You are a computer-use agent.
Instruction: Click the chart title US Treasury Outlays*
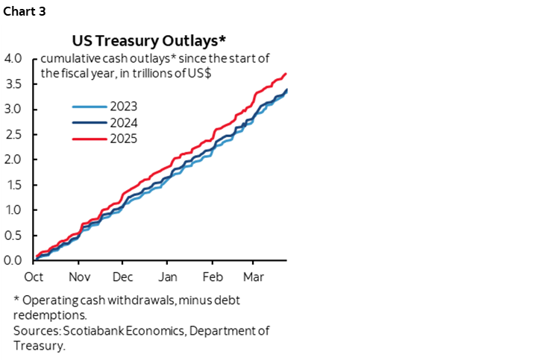(153, 40)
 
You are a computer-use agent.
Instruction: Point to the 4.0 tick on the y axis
(15, 59)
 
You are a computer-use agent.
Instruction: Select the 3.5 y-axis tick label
(15, 84)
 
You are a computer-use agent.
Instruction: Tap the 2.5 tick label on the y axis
(15, 134)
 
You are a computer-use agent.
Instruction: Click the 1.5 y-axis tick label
(15, 185)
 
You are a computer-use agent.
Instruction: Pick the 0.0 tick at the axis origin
(15, 260)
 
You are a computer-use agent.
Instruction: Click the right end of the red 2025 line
(286, 74)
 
